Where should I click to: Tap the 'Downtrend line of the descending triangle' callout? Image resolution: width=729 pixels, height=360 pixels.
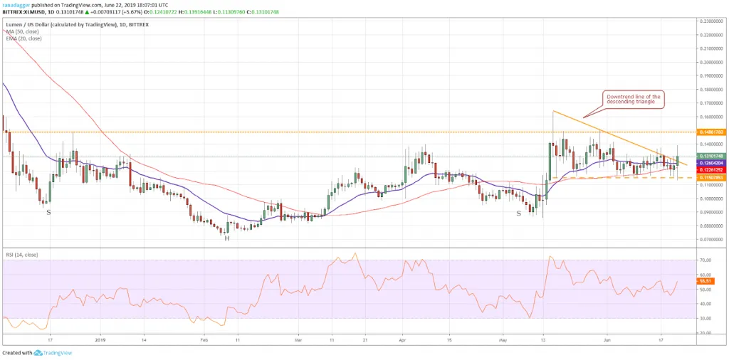(x=633, y=100)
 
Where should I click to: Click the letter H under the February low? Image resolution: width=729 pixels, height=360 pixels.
(x=227, y=238)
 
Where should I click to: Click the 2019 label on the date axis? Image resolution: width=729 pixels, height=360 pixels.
(x=100, y=339)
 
